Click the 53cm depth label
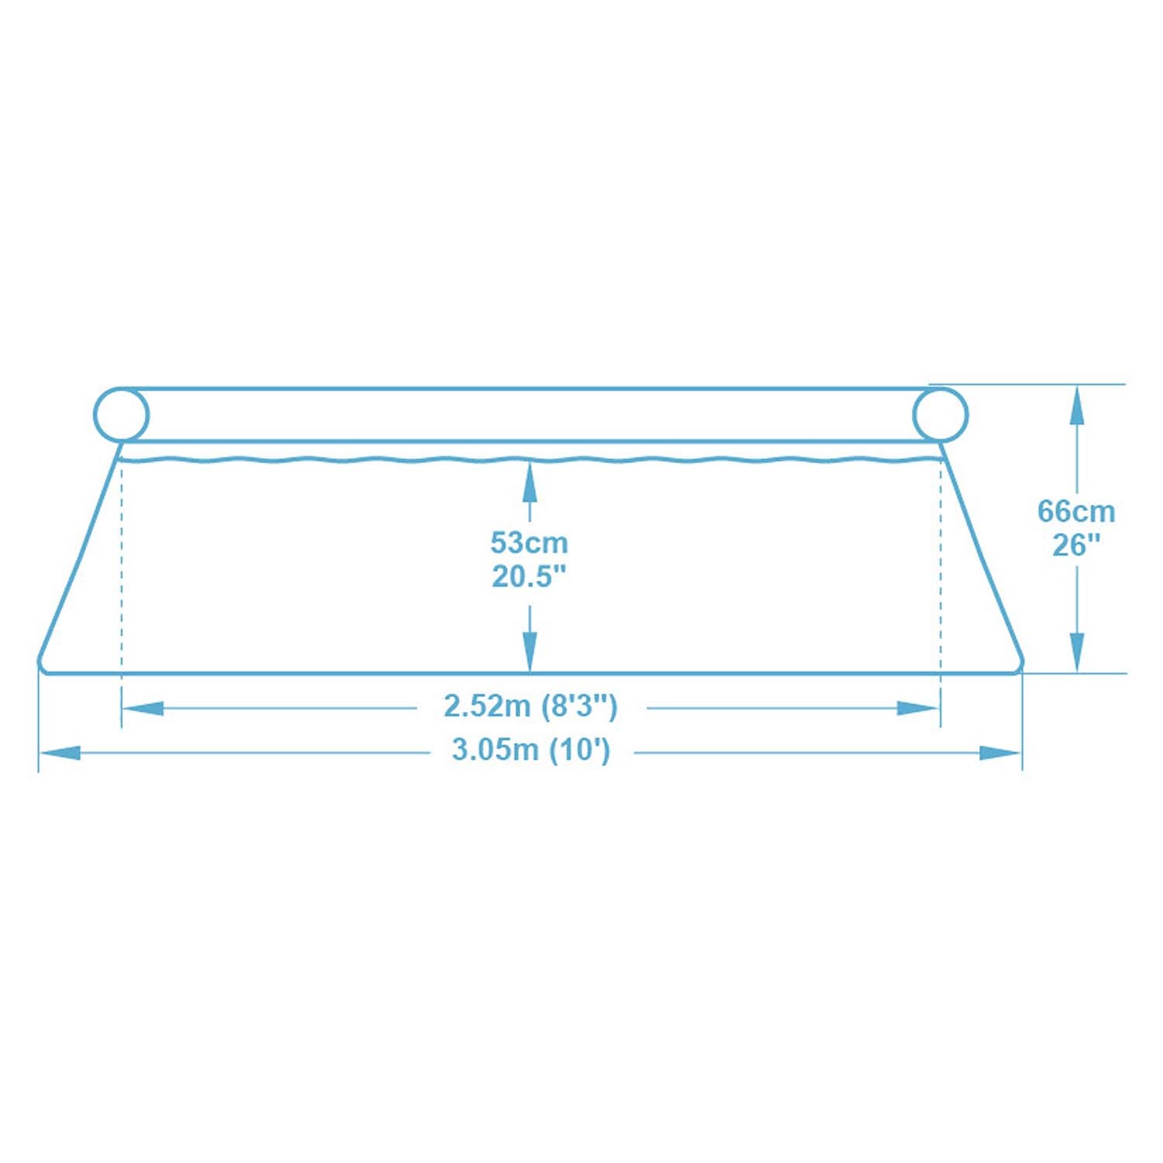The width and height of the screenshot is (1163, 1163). (530, 543)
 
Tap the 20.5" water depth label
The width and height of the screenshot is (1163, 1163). (530, 577)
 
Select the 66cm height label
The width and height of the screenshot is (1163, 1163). (1076, 512)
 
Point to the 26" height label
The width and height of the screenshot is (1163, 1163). (1076, 546)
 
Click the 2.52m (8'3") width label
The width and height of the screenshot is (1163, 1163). (530, 706)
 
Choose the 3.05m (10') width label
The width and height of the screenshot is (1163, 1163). (531, 751)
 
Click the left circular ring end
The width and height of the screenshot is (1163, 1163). (121, 415)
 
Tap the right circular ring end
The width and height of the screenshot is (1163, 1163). (940, 415)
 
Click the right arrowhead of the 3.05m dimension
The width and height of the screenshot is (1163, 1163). (1001, 753)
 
